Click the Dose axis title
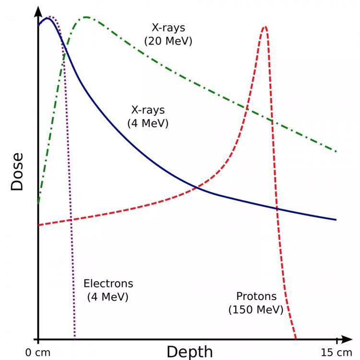pos(17,171)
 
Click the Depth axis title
pos(189,351)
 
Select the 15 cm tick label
pos(336,353)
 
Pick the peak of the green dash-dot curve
pos(86,17)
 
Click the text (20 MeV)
pos(168,41)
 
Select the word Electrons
pos(108,283)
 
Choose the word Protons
pos(256,296)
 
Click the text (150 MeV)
pos(256,309)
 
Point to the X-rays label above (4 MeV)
pos(148,110)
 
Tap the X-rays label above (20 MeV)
pos(168,28)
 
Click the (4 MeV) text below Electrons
pos(108,297)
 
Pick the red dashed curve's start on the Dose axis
pos(39,225)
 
